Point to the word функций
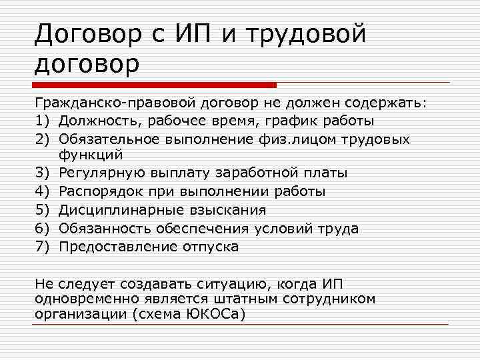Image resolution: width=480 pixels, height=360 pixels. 91,155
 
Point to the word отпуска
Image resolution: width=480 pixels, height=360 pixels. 209,247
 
